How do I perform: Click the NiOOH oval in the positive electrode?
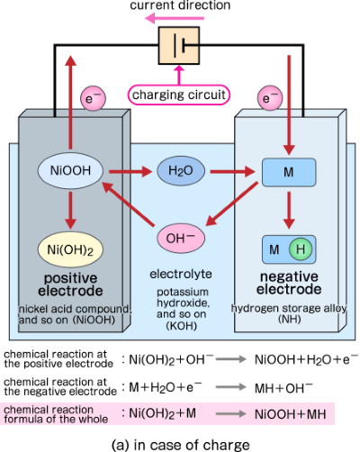69,169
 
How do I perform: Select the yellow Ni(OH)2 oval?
69,246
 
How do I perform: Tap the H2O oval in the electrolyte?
180,169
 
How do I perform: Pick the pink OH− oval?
182,239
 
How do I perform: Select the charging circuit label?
179,95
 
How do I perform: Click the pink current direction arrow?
179,16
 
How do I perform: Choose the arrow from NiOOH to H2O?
128,169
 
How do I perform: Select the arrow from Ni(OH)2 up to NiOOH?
69,209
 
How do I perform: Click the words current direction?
180,5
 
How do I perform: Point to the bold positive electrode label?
69,284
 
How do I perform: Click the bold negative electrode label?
289,284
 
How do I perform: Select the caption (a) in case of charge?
179,442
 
